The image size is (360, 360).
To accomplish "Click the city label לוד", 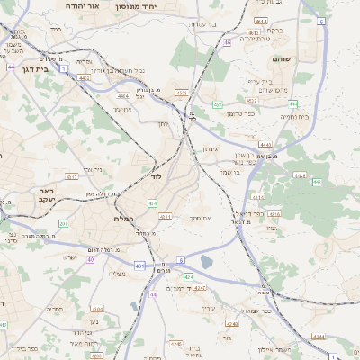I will pos(157,177).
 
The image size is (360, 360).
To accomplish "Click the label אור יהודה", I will pos(82,5).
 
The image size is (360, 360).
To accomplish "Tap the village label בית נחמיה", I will pos(294,116).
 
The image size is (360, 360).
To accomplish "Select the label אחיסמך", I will pos(200,218).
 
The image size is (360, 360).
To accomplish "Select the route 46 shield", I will pos(228,42).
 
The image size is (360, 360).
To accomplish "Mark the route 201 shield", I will pos(63,223).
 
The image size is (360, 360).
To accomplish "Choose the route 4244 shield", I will pos(232,323).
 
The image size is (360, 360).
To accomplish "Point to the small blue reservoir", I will pos(207,262).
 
